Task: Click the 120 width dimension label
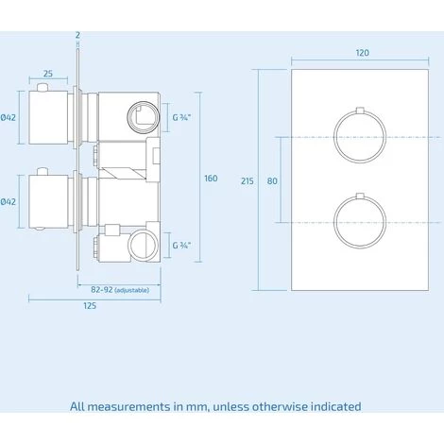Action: [362, 53]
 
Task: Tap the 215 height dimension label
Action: [248, 181]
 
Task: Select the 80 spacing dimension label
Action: [272, 181]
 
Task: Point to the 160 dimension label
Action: [211, 179]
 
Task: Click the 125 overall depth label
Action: [90, 306]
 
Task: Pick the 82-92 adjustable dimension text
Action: [120, 290]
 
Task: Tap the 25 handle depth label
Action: [48, 74]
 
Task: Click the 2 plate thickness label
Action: [77, 35]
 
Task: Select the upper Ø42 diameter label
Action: [8, 117]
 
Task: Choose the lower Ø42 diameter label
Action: [8, 201]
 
